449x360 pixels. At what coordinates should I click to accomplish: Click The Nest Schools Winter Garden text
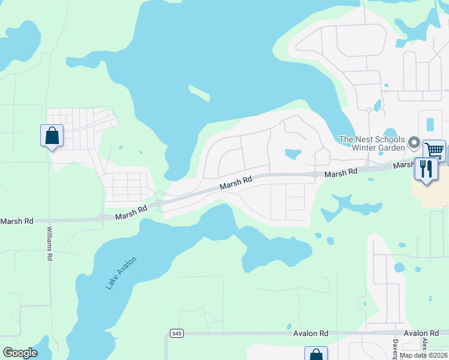pyautogui.click(x=372, y=144)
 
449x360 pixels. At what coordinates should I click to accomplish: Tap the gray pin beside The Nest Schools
pyautogui.click(x=414, y=143)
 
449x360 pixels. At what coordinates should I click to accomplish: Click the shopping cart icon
pyautogui.click(x=434, y=151)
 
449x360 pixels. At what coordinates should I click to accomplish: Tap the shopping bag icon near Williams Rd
pyautogui.click(x=52, y=136)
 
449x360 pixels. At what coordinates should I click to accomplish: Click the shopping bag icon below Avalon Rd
pyautogui.click(x=316, y=355)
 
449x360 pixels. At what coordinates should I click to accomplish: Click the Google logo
pyautogui.click(x=20, y=353)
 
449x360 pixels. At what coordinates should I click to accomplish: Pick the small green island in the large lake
pyautogui.click(x=199, y=94)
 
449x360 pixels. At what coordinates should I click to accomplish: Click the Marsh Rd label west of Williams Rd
pyautogui.click(x=17, y=221)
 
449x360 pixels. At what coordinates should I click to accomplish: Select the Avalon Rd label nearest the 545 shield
pyautogui.click(x=311, y=333)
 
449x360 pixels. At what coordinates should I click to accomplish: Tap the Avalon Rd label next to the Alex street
pyautogui.click(x=420, y=333)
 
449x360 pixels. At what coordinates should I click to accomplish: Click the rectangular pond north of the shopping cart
pyautogui.click(x=430, y=124)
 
